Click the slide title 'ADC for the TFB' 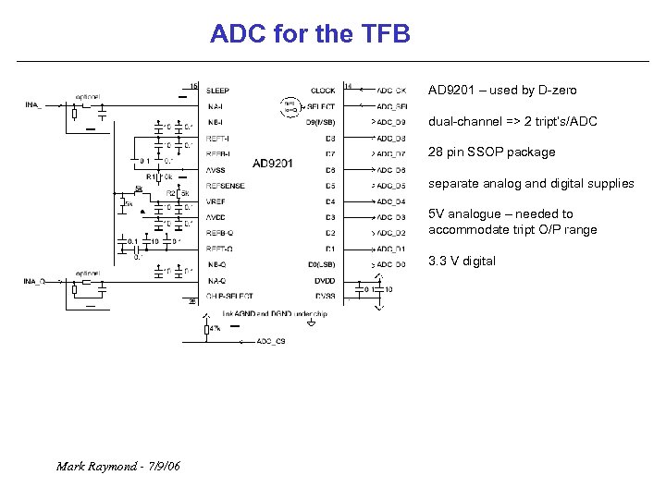pyautogui.click(x=310, y=35)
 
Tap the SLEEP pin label pyautogui.click(x=218, y=91)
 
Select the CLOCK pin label pyautogui.click(x=323, y=91)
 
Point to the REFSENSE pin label pyautogui.click(x=226, y=186)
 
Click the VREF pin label pyautogui.click(x=216, y=201)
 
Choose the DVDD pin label pyautogui.click(x=325, y=280)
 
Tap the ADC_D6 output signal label pyautogui.click(x=390, y=170)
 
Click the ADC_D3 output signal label pyautogui.click(x=390, y=217)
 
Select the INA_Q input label pyautogui.click(x=36, y=281)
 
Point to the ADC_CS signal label pyautogui.click(x=271, y=341)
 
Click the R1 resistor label pyautogui.click(x=150, y=176)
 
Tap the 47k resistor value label pyautogui.click(x=214, y=329)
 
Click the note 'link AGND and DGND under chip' pyautogui.click(x=275, y=313)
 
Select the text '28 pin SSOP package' pyautogui.click(x=491, y=152)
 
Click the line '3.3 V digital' pyautogui.click(x=462, y=262)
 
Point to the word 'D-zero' pyautogui.click(x=556, y=91)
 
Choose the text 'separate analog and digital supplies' pyautogui.click(x=530, y=184)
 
